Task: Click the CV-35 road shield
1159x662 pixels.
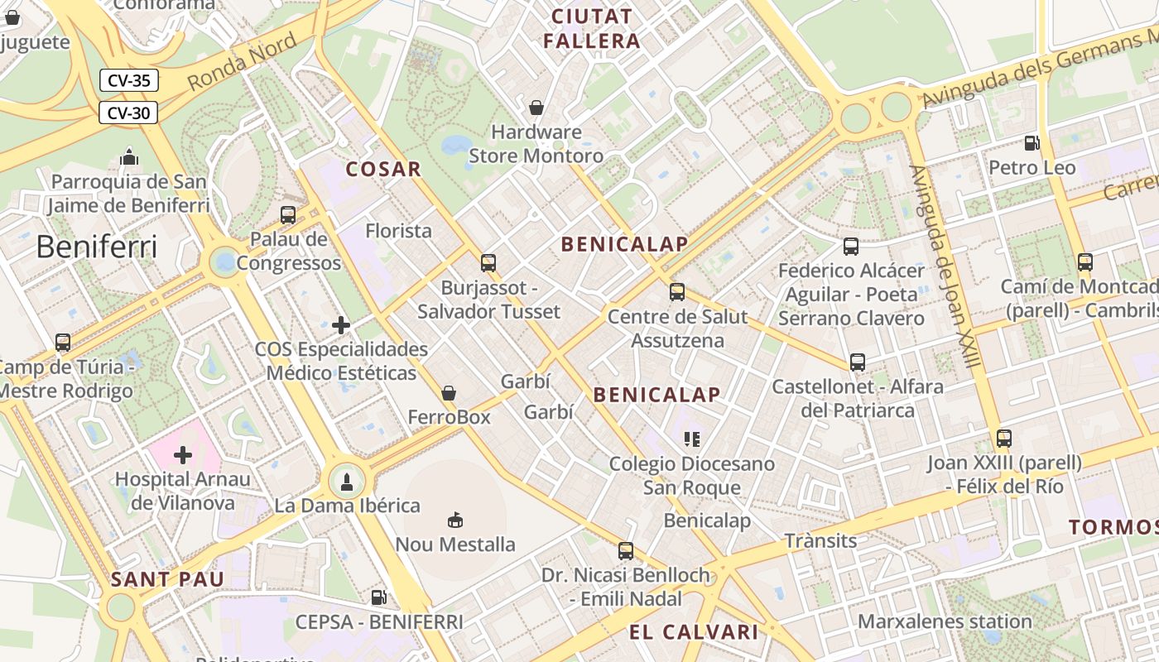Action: click(128, 80)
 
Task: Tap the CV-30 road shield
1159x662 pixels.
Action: click(128, 113)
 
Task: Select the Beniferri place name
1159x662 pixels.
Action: click(96, 247)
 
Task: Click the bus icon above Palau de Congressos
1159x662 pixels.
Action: click(288, 215)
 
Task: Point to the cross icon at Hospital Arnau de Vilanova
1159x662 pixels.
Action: click(183, 454)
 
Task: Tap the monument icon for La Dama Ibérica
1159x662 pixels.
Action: click(347, 482)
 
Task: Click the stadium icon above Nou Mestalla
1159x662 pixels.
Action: click(454, 520)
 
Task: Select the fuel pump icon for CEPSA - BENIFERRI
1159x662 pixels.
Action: click(378, 597)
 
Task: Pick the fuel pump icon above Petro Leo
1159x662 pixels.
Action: click(1032, 143)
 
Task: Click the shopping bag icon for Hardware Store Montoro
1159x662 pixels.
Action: click(536, 108)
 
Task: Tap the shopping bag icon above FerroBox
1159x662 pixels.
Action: click(449, 393)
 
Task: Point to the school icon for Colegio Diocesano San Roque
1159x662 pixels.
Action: click(691, 439)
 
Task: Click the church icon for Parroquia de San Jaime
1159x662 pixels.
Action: click(128, 156)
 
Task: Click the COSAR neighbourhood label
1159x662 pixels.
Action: click(383, 170)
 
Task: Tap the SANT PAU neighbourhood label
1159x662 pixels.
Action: click(167, 579)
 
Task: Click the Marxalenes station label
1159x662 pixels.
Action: click(945, 621)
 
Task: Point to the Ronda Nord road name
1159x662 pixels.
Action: click(241, 63)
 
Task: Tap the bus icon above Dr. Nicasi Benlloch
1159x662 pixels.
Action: click(626, 550)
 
